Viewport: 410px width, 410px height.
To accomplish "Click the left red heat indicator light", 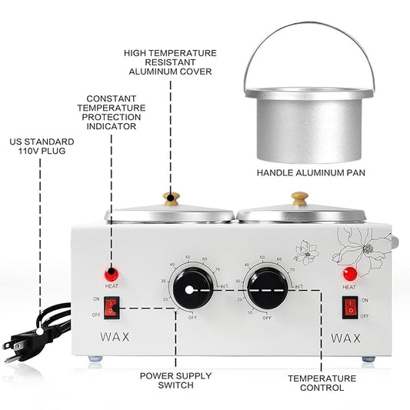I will coord(111,273).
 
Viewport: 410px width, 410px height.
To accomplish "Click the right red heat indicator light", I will coord(350,273).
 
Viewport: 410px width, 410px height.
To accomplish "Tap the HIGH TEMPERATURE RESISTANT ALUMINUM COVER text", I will coord(168,62).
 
